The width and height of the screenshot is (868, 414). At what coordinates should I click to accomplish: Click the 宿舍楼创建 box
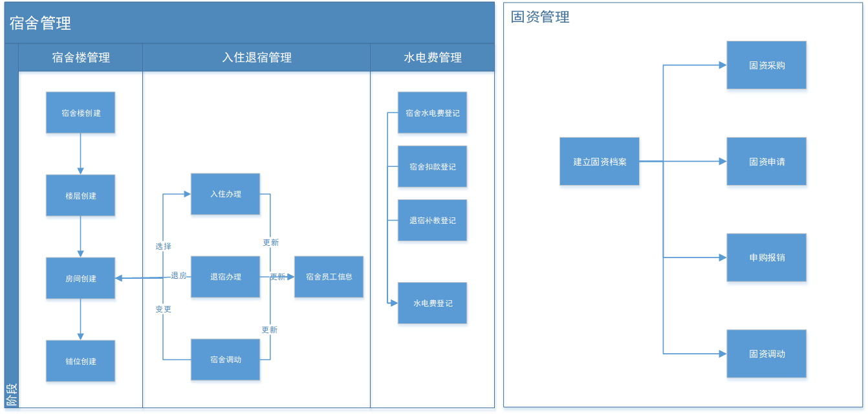81,114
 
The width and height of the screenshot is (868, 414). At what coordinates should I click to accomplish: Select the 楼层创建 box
81,197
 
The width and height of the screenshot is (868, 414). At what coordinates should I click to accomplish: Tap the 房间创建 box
81,279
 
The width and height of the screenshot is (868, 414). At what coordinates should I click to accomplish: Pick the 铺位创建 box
81,362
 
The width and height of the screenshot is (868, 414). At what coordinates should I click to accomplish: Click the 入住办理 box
226,195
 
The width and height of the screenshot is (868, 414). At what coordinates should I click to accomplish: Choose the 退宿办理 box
226,278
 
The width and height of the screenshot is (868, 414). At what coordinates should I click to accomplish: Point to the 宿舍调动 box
226,360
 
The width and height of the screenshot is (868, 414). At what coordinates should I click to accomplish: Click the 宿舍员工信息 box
329,278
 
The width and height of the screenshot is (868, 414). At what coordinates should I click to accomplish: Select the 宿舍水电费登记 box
433,114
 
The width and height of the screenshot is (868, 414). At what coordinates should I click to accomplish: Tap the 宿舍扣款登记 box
433,168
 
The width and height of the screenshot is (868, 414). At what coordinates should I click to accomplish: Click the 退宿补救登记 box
433,221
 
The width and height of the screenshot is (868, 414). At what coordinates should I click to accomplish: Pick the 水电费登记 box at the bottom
433,304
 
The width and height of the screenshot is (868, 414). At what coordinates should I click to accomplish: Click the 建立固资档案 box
600,162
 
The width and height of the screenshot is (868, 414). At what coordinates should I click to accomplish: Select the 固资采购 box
766,65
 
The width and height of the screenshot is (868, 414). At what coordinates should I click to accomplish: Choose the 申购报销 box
766,257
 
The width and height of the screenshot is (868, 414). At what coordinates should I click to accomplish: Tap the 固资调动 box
766,354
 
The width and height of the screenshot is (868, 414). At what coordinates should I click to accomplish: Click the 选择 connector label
163,246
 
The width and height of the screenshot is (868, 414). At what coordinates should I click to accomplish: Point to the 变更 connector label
163,309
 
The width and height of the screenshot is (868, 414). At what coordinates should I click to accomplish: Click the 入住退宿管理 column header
257,58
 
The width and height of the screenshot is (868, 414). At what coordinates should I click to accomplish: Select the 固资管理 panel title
540,17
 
